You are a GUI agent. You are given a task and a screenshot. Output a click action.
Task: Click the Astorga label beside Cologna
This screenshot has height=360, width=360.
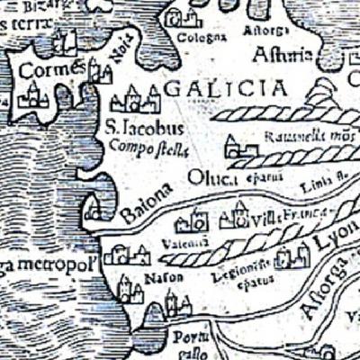pyautogui.click(x=262, y=30)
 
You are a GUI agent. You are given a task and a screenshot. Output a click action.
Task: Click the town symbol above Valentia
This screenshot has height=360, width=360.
pyautogui.click(x=192, y=221)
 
